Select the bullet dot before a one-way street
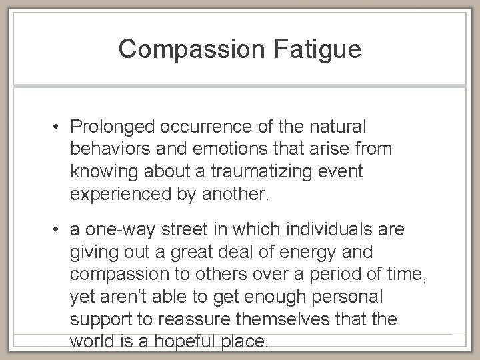(x=59, y=230)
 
